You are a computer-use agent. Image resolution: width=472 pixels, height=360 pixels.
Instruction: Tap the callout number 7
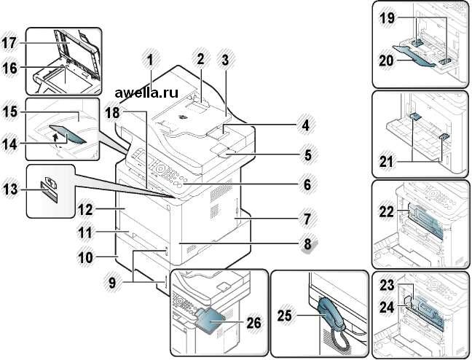307,218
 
